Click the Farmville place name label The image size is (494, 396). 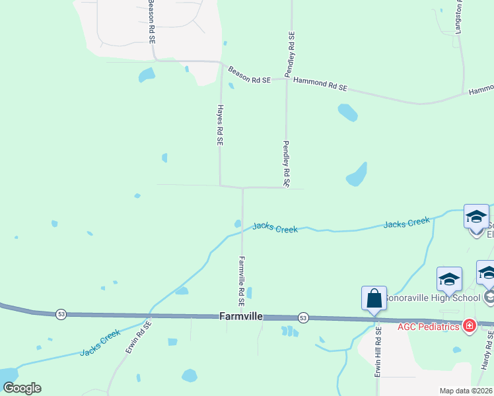click(x=241, y=317)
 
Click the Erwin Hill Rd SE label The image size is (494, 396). click(x=379, y=352)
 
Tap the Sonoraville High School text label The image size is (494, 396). click(x=433, y=298)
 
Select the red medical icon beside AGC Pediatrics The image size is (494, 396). click(x=470, y=326)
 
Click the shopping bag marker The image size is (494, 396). click(x=374, y=299)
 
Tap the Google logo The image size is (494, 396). click(x=22, y=387)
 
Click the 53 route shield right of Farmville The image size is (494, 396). click(x=303, y=317)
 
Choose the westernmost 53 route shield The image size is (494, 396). click(x=61, y=313)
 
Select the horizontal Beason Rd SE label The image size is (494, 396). click(x=250, y=75)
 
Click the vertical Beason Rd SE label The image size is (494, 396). click(x=151, y=21)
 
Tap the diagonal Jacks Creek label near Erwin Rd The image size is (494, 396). click(x=100, y=343)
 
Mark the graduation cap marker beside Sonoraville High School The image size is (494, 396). click(x=449, y=279)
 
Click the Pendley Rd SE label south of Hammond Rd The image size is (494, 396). click(x=287, y=164)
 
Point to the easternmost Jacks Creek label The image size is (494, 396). click(x=407, y=223)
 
